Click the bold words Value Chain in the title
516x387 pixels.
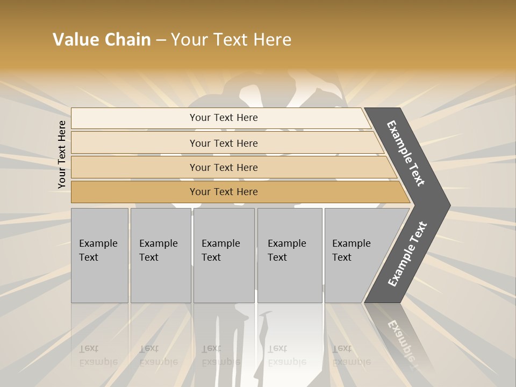click(102, 40)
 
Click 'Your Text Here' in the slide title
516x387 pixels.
click(231, 40)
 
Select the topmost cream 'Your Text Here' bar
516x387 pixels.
click(224, 118)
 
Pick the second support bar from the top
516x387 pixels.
click(224, 143)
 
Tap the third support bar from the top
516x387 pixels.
click(224, 167)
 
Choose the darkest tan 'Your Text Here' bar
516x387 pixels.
click(224, 192)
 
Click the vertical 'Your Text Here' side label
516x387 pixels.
click(62, 154)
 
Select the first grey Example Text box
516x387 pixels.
click(99, 255)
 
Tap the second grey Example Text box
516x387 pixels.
click(161, 255)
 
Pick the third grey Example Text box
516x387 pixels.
click(224, 255)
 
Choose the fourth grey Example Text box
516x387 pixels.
click(290, 255)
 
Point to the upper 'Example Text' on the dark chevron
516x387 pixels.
click(406, 153)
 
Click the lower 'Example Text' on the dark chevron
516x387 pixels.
click(407, 254)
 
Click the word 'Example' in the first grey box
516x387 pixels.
click(98, 243)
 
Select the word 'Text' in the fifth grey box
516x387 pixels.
click(342, 257)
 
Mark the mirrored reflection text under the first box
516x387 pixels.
click(98, 355)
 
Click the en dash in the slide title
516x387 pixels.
click(161, 40)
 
